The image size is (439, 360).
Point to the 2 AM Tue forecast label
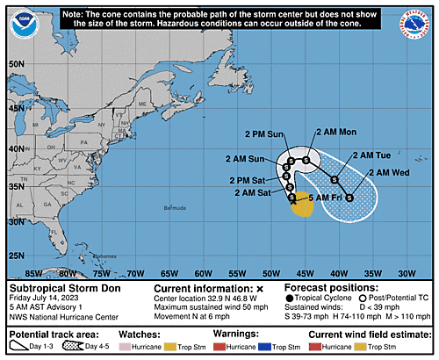[x=371, y=155]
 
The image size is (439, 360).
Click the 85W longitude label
[x=35, y=273]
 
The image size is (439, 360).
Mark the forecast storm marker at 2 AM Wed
[x=349, y=197]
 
